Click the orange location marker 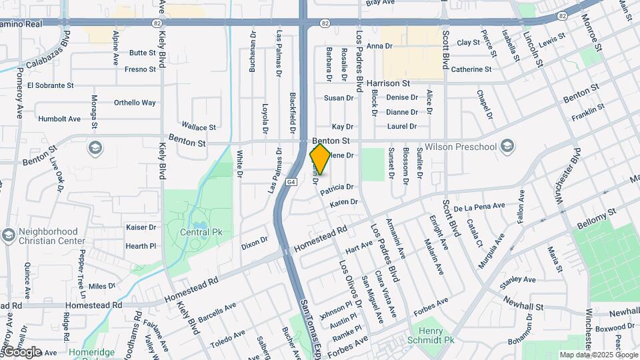[x=320, y=159]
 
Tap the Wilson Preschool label [x=469, y=146]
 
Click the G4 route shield [x=291, y=181]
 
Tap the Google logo [x=22, y=351]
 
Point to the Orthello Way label [x=135, y=103]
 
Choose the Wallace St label [x=199, y=127]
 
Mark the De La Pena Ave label [x=480, y=207]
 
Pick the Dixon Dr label [x=254, y=242]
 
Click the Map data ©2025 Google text [x=598, y=355]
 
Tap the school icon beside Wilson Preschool [x=507, y=146]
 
